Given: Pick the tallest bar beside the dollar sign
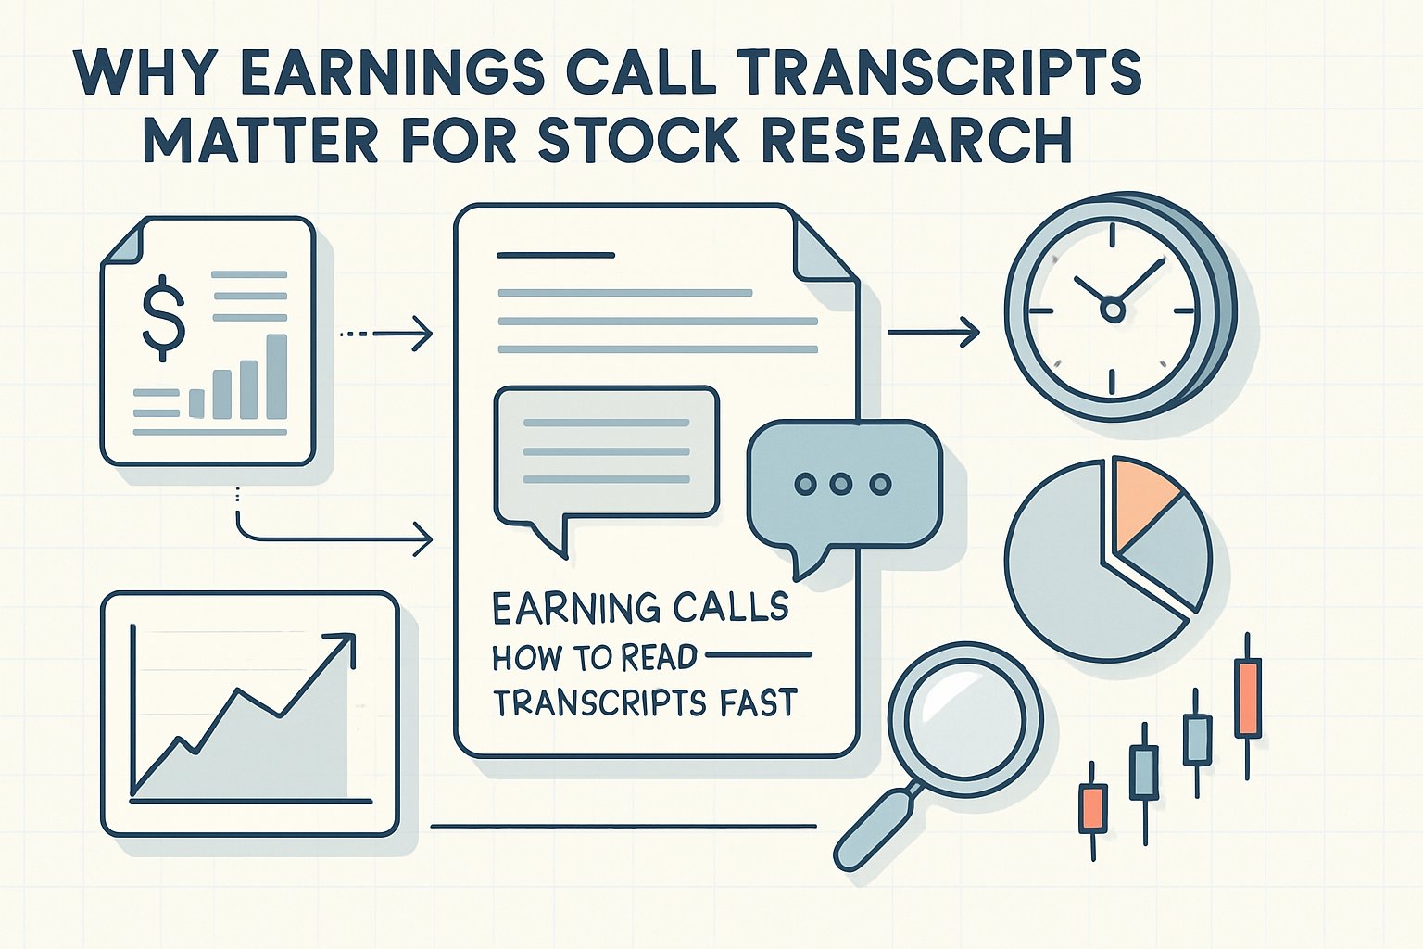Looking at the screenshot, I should point(276,376).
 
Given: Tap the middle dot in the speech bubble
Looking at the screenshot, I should point(841,484).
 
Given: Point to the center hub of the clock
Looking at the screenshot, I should point(1113,310).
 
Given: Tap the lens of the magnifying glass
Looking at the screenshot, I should point(965,718).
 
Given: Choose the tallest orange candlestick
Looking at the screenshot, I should point(1248,697).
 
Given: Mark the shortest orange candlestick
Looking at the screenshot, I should point(1093,807).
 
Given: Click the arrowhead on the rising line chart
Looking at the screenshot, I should point(343,644).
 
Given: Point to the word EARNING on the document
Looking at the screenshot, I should point(567,608).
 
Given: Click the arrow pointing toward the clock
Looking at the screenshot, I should point(936,332).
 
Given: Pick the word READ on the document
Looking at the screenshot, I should point(659,657).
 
